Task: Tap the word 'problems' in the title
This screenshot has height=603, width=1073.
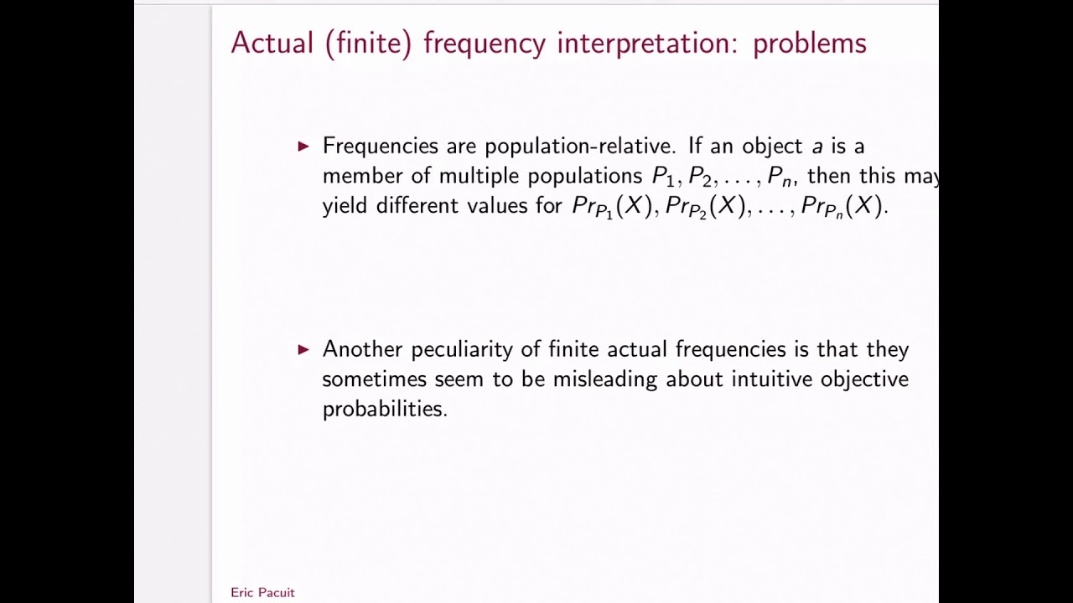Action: coord(809,44)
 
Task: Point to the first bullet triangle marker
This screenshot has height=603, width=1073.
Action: coord(303,147)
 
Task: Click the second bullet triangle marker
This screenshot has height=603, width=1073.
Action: coord(303,349)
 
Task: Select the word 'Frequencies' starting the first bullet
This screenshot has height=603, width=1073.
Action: coord(381,147)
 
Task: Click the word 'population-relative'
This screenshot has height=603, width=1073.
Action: coord(579,147)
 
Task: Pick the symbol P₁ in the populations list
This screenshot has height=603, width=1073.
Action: coord(663,177)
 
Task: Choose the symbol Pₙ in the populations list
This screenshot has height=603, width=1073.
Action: coord(780,177)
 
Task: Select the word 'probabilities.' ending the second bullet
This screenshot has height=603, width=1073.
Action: coord(385,409)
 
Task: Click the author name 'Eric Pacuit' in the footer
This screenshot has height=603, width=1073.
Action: coord(262,592)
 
